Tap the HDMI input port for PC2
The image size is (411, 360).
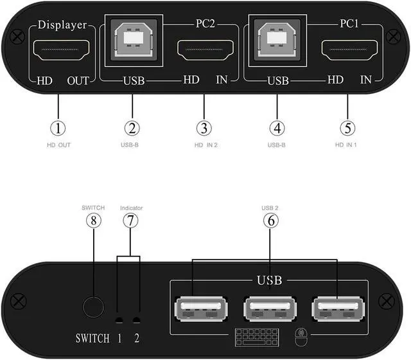click(x=204, y=50)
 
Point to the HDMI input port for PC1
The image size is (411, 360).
click(x=347, y=50)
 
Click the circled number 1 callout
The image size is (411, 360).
click(x=58, y=127)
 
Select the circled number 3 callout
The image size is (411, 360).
click(x=204, y=127)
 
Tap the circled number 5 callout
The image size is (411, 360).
click(x=347, y=127)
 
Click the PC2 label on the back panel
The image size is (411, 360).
click(x=205, y=26)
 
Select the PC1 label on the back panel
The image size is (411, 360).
click(x=349, y=26)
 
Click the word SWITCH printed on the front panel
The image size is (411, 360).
click(x=92, y=338)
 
